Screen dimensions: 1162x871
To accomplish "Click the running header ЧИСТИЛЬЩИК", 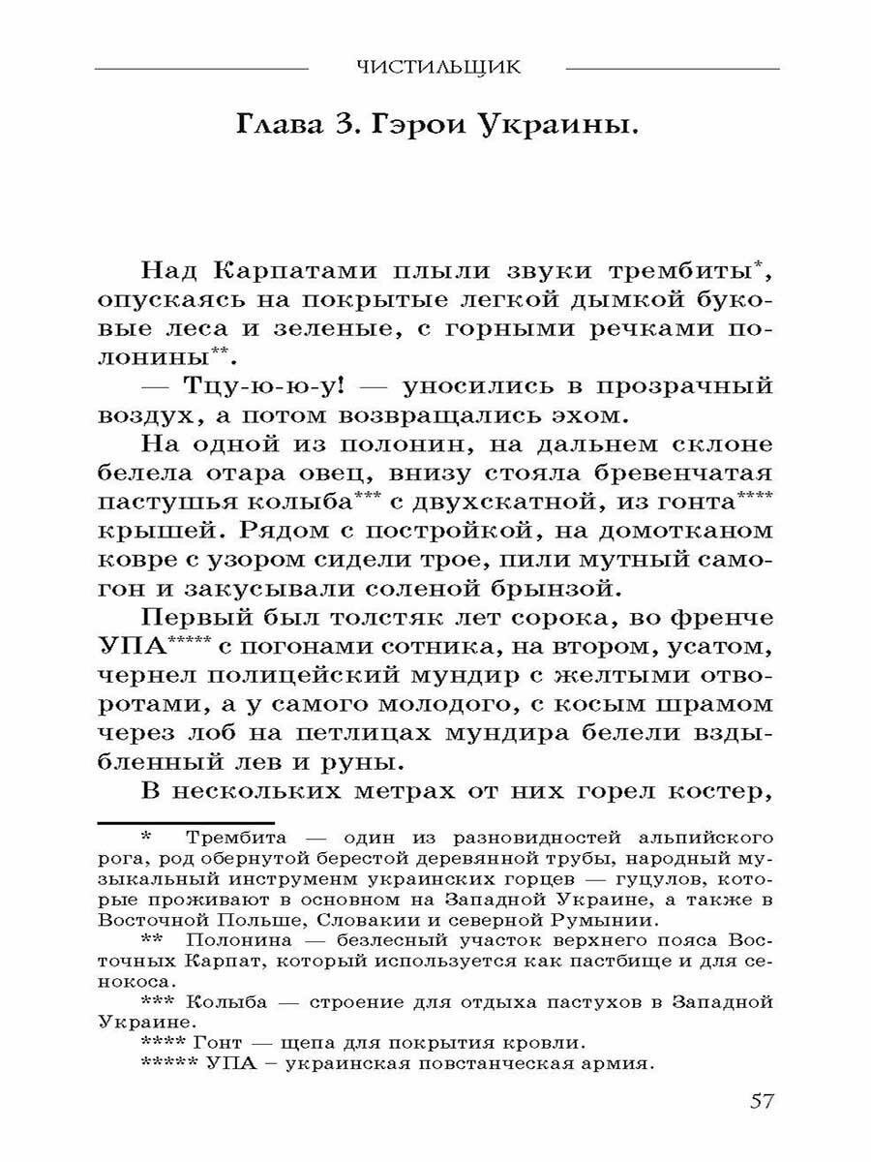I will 438,68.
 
